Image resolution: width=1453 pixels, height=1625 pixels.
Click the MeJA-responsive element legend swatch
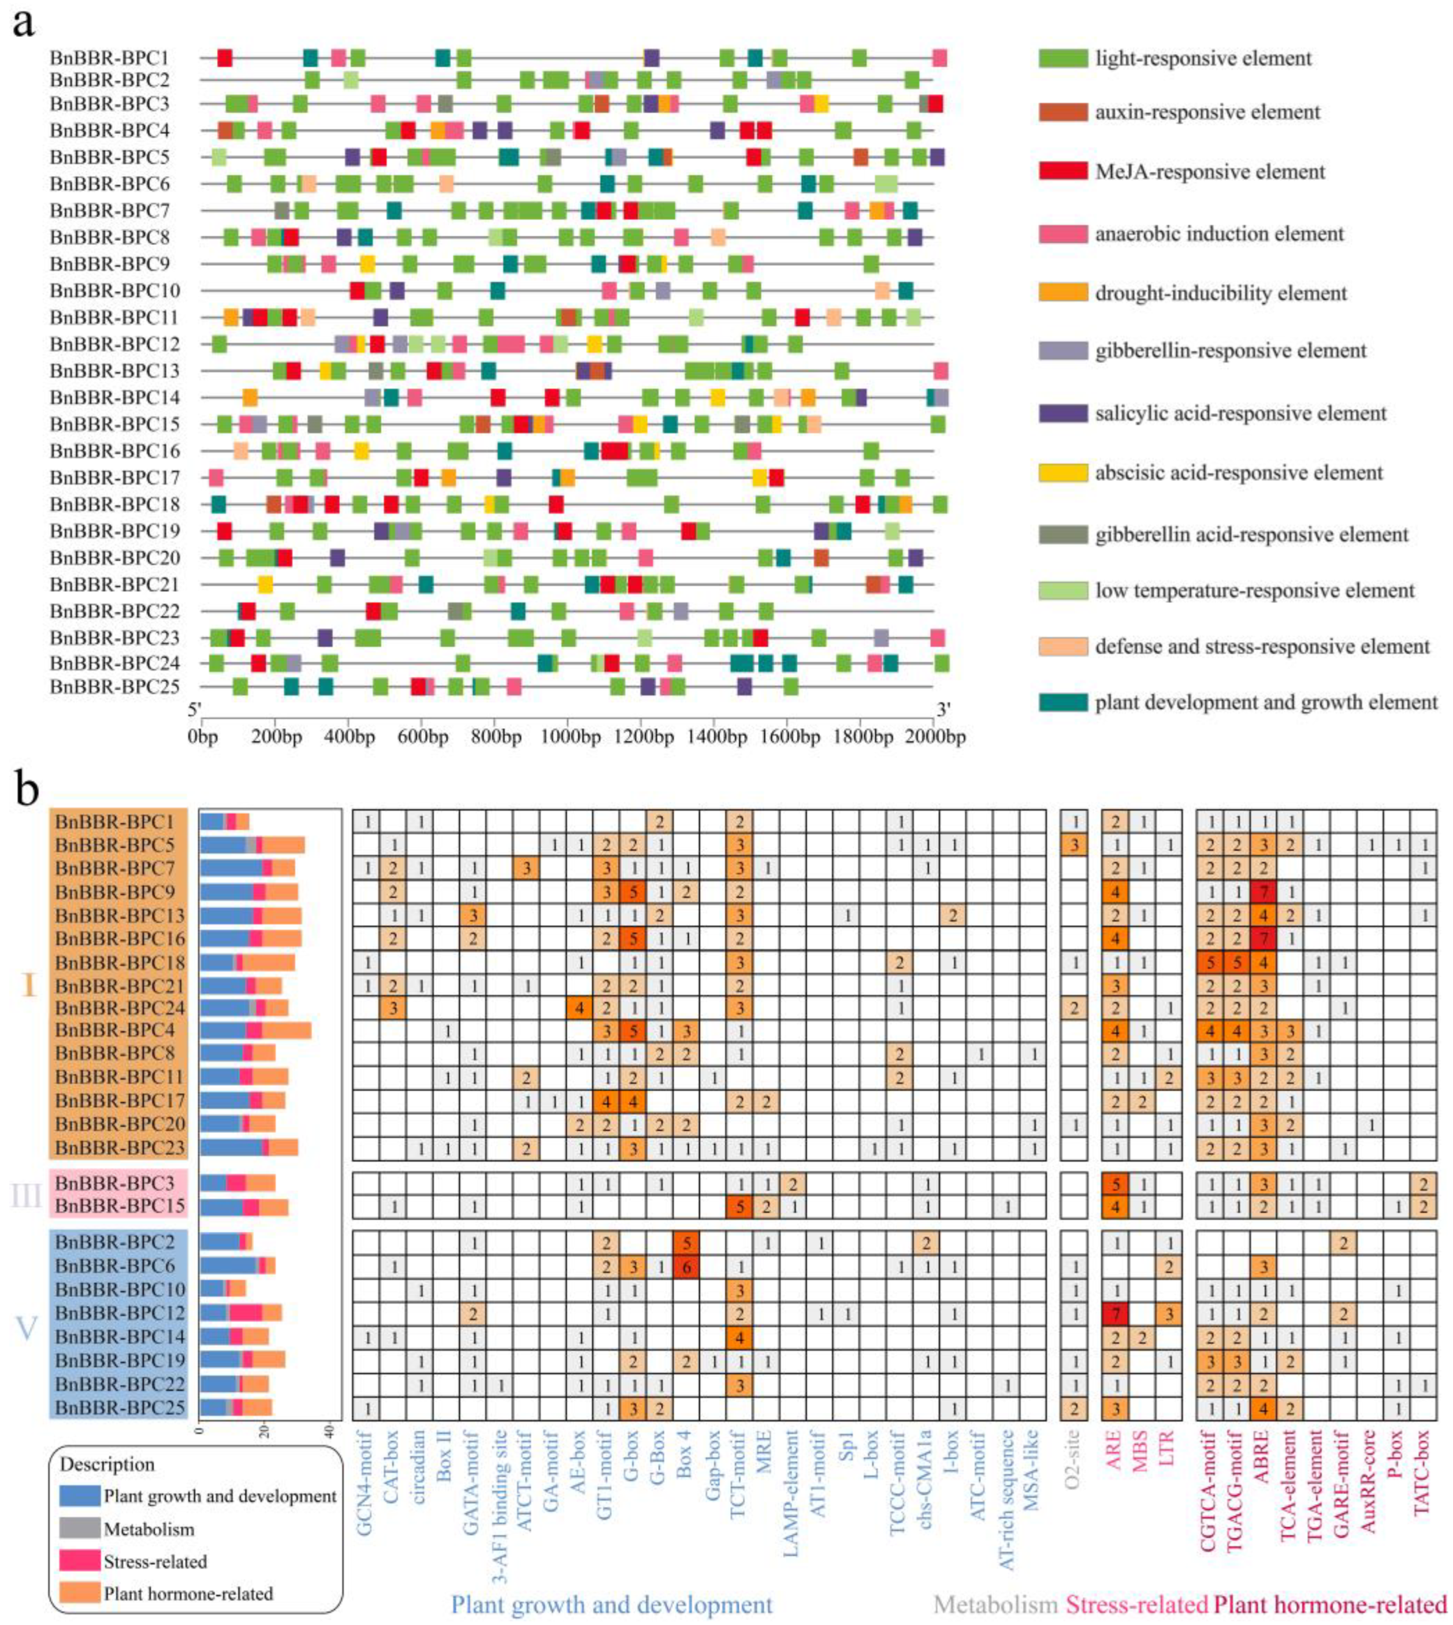point(1062,172)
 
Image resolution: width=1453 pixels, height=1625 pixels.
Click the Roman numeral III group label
point(27,1195)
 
